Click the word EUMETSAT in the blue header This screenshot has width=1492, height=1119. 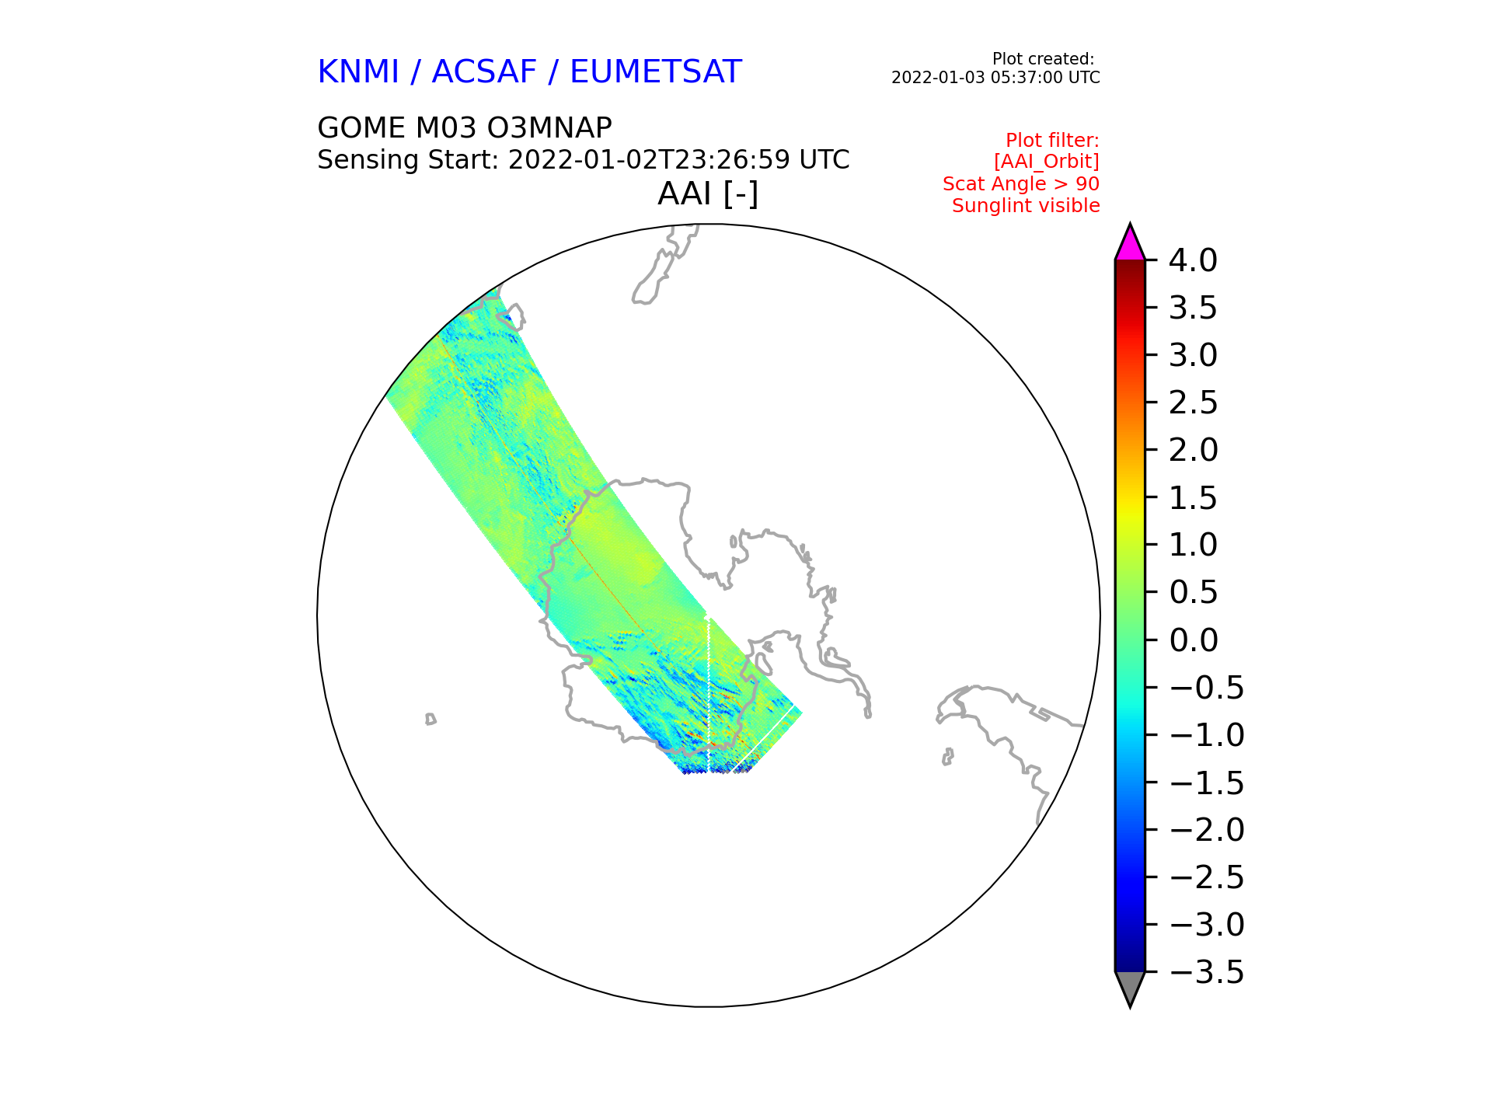tap(656, 72)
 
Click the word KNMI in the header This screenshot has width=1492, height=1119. tap(358, 72)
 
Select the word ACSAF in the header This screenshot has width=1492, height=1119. tap(484, 72)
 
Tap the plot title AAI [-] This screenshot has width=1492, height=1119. tap(708, 193)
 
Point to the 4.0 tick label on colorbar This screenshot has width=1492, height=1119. tap(1193, 260)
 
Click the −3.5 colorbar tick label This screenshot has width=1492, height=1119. tap(1207, 972)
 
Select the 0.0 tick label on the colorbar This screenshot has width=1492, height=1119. tap(1193, 640)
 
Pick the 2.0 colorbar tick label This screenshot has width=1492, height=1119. tap(1193, 450)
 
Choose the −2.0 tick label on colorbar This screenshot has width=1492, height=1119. tap(1207, 830)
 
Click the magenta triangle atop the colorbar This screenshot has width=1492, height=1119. tap(1130, 244)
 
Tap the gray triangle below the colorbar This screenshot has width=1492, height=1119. tap(1130, 988)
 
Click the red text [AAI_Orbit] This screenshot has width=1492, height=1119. tap(1047, 162)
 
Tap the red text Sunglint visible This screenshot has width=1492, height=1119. tap(1026, 206)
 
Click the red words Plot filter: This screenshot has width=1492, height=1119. tap(1052, 140)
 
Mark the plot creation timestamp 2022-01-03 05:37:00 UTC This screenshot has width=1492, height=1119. tap(995, 78)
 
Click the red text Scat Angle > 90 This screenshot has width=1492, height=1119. tap(1021, 184)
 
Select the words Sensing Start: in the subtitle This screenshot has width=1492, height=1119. tap(408, 160)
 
